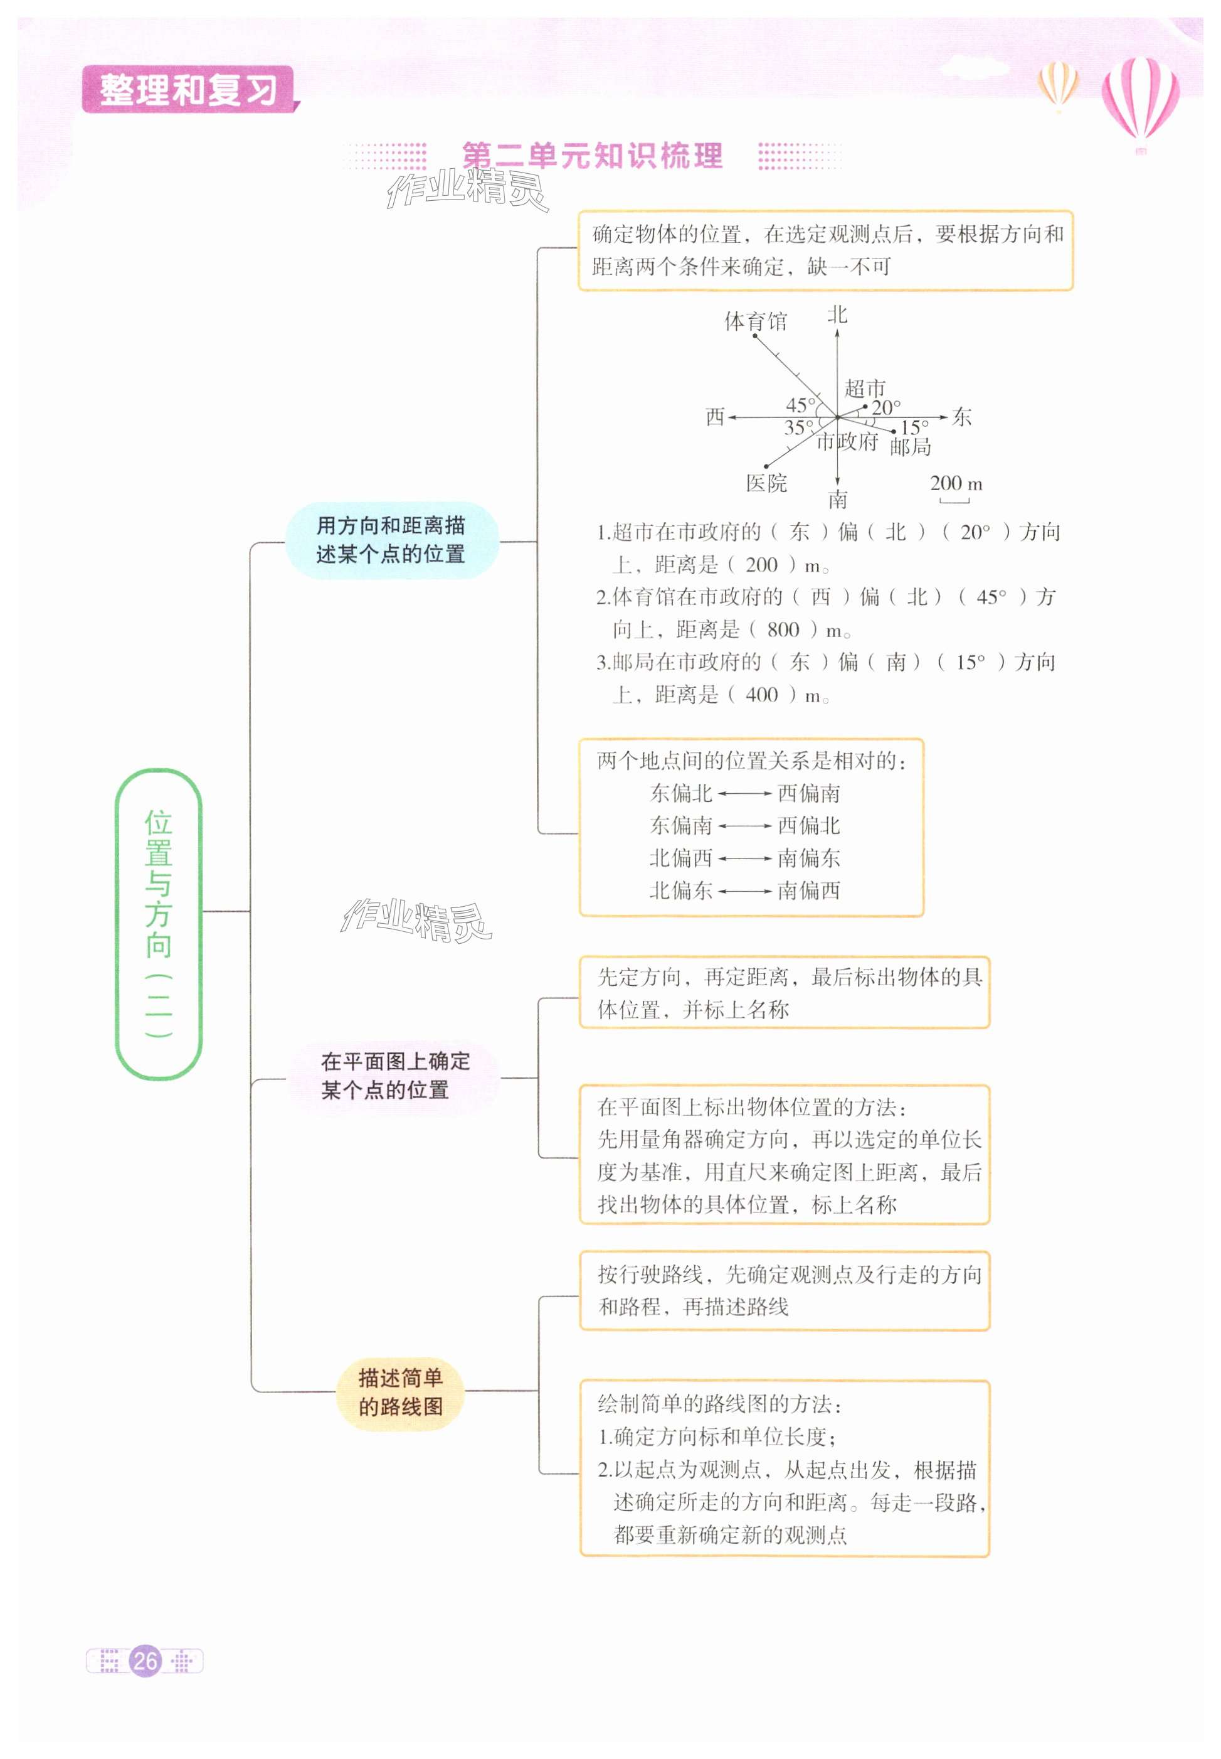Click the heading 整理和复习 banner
188,90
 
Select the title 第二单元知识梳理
592,156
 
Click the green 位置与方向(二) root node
159,923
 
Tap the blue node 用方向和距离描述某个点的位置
391,540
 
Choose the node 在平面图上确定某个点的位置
394,1076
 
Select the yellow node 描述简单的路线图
400,1393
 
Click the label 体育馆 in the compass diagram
755,321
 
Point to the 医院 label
766,483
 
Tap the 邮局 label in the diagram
911,446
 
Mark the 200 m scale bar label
956,484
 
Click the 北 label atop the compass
837,314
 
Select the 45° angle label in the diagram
801,405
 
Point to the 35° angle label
799,428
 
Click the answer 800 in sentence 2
783,630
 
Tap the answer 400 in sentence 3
761,695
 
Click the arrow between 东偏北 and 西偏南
744,794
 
